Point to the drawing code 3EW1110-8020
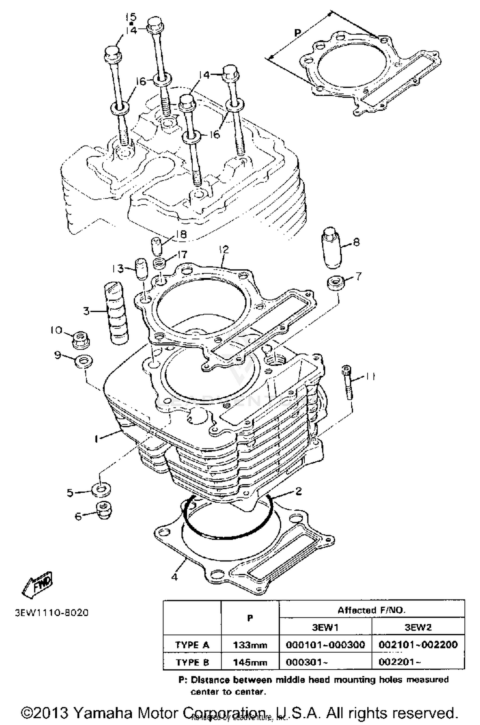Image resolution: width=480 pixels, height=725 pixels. (x=52, y=613)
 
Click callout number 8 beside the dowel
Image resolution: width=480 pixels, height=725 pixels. (x=356, y=242)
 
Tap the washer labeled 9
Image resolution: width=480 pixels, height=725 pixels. (x=84, y=362)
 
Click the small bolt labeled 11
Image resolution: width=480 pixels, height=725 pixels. (x=347, y=382)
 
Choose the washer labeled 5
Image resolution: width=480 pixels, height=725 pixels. (x=101, y=490)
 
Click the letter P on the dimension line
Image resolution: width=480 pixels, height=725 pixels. (x=297, y=32)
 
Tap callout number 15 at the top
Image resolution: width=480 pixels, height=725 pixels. (x=131, y=17)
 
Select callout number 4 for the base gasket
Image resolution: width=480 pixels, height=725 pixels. (x=174, y=577)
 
